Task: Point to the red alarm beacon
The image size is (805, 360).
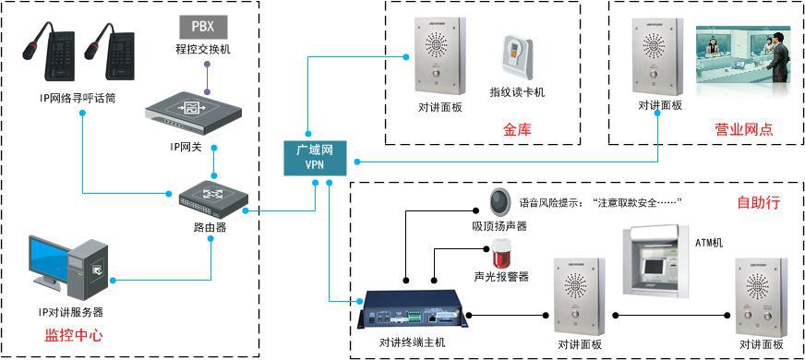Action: click(502, 251)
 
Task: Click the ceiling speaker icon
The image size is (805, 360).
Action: click(499, 200)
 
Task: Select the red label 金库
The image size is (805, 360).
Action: click(517, 129)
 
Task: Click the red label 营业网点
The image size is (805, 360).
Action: click(744, 129)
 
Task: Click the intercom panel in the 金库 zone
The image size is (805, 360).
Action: click(439, 58)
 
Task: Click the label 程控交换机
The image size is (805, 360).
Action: click(201, 49)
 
